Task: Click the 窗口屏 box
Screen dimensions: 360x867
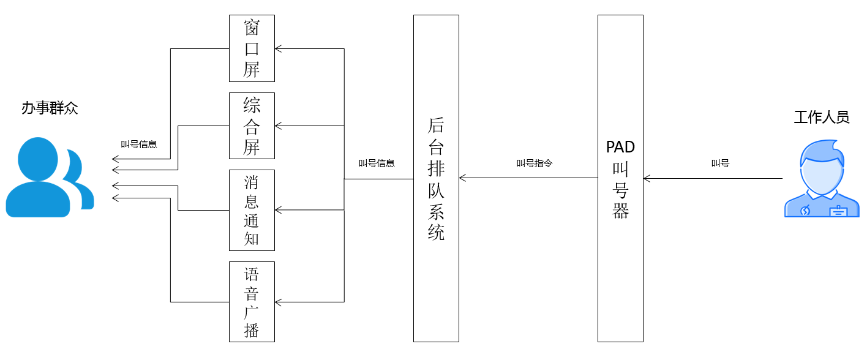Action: (252, 48)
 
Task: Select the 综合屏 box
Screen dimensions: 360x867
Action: (252, 126)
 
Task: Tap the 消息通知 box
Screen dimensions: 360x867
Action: (252, 210)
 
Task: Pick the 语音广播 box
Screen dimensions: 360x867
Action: (252, 301)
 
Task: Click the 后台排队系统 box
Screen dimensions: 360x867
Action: (436, 178)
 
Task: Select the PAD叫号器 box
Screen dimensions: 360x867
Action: (620, 178)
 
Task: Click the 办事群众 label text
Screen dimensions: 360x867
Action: (50, 108)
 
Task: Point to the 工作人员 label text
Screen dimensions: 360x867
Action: (822, 117)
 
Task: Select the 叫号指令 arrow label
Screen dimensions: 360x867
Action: (535, 163)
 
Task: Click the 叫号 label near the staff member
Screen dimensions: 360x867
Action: (720, 163)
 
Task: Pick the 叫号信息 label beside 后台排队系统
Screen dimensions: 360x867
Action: (377, 163)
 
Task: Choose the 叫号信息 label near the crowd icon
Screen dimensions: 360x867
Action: (139, 144)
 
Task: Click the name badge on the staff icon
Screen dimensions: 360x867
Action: (838, 211)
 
